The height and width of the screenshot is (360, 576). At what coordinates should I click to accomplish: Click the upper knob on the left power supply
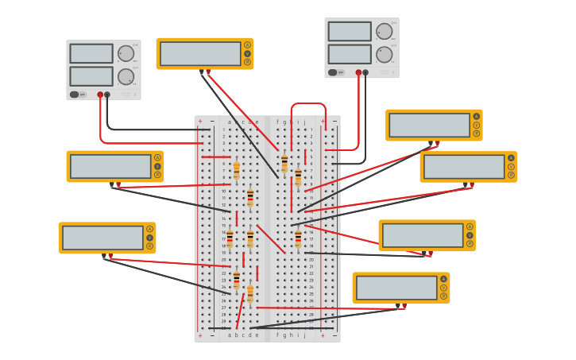[x=126, y=53]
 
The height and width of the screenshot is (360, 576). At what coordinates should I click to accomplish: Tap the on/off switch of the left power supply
[x=74, y=95]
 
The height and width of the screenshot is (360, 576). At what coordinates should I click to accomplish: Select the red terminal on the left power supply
[x=100, y=95]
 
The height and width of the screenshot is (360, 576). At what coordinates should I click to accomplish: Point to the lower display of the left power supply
[x=91, y=76]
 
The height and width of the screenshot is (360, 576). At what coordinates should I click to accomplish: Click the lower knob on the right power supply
[x=384, y=54]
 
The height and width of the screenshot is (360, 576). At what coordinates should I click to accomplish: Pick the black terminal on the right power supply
[x=365, y=72]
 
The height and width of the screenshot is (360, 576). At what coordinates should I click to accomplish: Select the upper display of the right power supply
[x=350, y=31]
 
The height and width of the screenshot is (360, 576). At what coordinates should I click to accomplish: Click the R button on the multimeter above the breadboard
[x=247, y=62]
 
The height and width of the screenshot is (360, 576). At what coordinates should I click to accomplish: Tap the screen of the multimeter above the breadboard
[x=200, y=54]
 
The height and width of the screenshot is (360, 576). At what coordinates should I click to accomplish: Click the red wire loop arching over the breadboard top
[x=308, y=104]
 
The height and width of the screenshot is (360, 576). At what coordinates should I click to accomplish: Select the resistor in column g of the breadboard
[x=284, y=163]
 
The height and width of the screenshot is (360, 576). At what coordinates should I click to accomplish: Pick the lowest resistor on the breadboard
[x=250, y=294]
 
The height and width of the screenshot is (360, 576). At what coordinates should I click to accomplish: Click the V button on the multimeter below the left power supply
[x=157, y=166]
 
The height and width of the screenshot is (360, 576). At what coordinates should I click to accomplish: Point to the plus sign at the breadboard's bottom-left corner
[x=199, y=335]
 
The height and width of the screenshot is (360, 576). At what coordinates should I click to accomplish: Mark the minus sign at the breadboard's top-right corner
[x=334, y=122]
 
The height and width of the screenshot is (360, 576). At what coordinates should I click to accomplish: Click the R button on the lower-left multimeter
[x=149, y=246]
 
